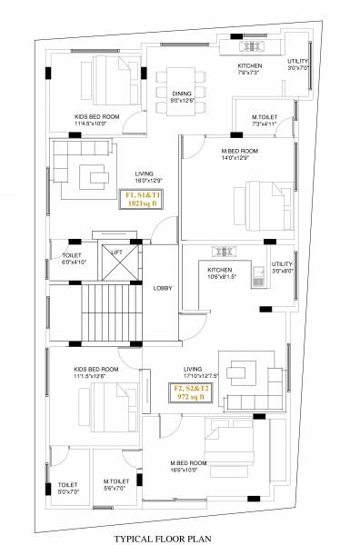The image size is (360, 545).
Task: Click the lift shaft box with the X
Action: (115, 265)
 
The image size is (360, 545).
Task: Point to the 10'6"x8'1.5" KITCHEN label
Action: (222, 273)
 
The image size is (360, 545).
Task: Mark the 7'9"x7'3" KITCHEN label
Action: (250, 70)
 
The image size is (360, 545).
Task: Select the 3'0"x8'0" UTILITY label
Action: (283, 267)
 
